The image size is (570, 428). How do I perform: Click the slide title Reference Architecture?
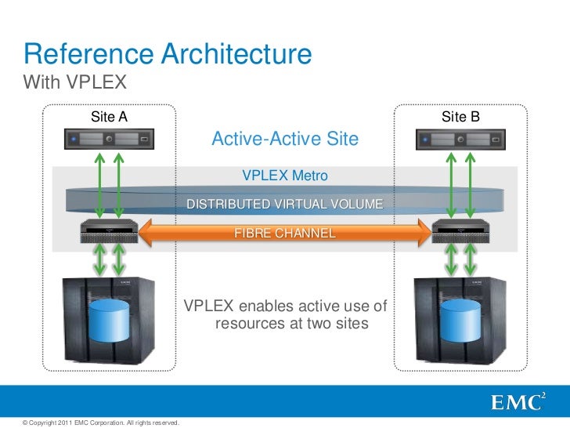click(x=168, y=54)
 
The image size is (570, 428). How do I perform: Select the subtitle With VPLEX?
click(x=75, y=82)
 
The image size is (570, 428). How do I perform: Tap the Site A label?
click(x=109, y=118)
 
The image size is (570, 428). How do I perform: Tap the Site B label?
click(x=460, y=118)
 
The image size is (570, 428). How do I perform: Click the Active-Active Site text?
click(x=285, y=140)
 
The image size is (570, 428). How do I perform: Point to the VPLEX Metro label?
click(x=285, y=175)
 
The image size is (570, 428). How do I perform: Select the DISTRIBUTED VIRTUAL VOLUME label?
click(x=285, y=205)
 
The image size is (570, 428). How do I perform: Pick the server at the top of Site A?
click(x=108, y=140)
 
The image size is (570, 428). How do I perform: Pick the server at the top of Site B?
click(x=460, y=140)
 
